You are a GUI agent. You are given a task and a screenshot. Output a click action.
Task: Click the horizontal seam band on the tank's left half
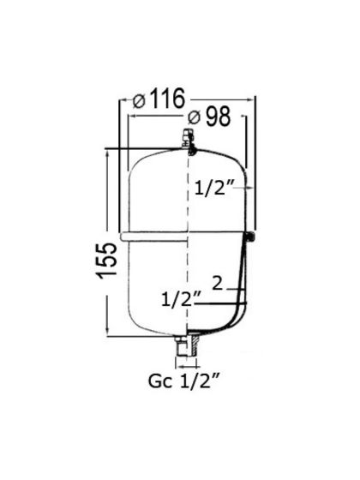tap(154, 234)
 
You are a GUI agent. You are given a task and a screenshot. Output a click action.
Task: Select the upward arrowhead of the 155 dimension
tap(106, 153)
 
